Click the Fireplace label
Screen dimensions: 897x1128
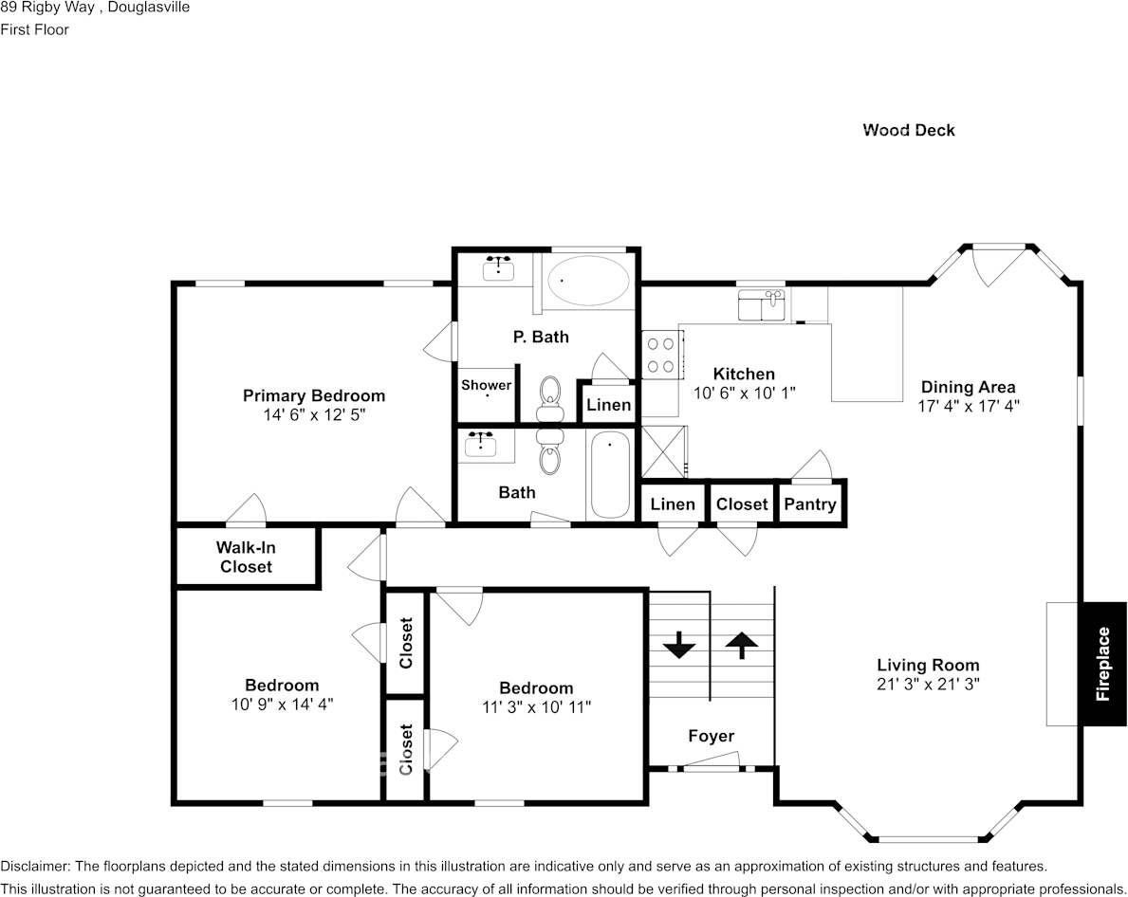(x=1102, y=664)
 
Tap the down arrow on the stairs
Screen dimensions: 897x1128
(x=679, y=648)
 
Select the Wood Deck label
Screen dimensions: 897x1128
(x=908, y=130)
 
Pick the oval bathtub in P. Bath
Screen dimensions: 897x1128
(x=588, y=280)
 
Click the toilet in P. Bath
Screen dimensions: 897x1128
(x=550, y=398)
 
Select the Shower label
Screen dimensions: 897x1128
(x=486, y=385)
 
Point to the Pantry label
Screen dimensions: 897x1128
(x=810, y=504)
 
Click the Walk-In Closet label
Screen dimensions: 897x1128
(x=246, y=558)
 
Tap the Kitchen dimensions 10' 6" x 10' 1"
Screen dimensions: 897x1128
(x=744, y=393)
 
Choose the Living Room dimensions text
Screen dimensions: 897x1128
(x=928, y=683)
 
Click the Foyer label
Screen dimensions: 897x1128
(x=711, y=736)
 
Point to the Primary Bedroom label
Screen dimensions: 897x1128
(x=313, y=395)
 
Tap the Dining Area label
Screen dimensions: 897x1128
(x=968, y=387)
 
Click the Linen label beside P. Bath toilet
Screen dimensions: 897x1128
(x=608, y=405)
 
